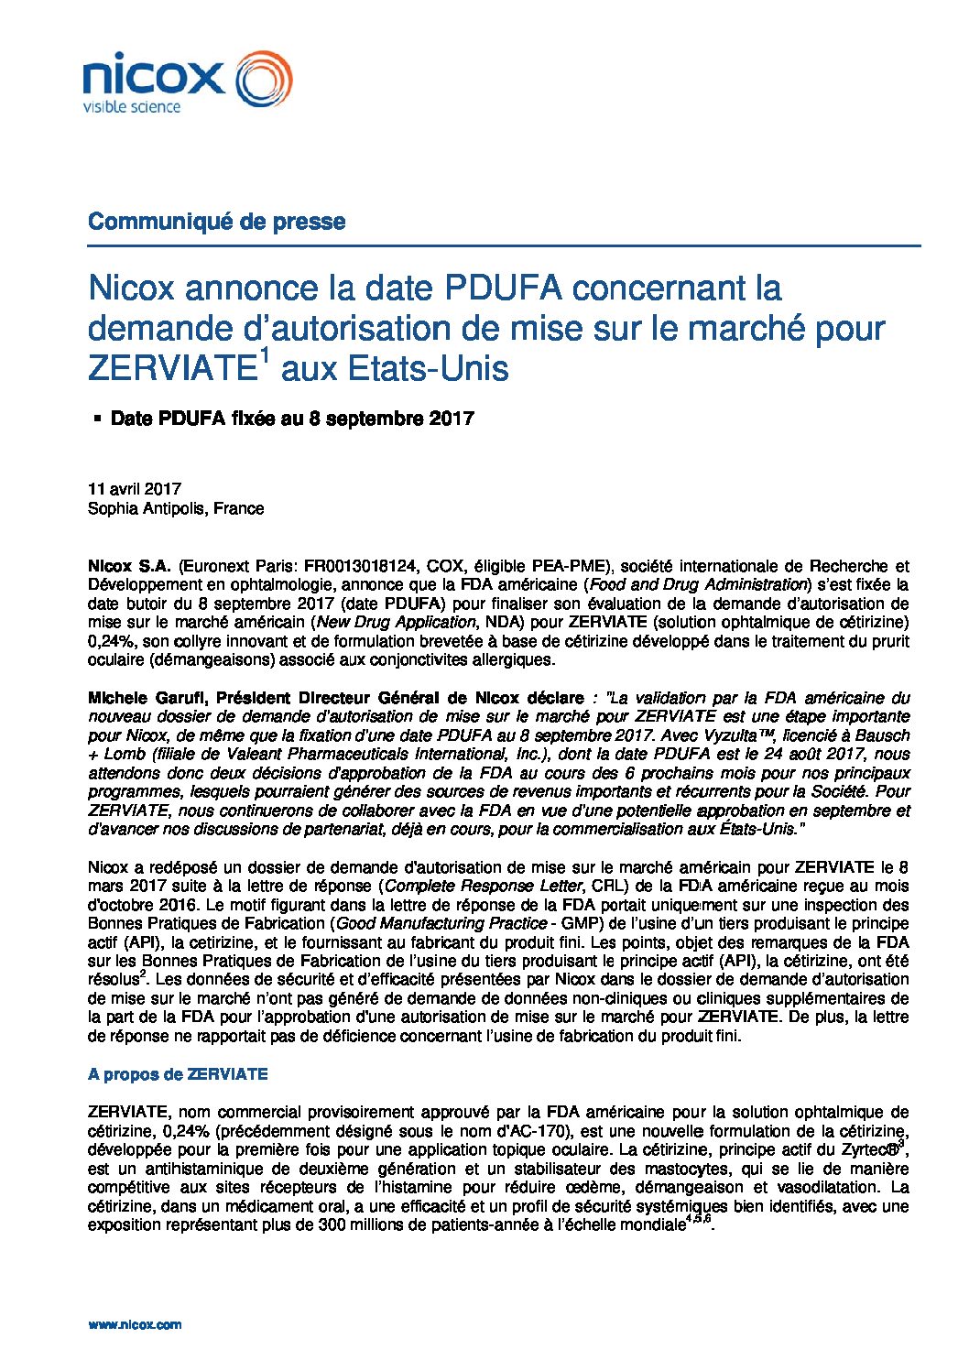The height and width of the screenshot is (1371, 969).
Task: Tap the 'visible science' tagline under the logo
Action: [x=132, y=107]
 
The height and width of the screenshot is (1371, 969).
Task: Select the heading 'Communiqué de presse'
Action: [x=216, y=222]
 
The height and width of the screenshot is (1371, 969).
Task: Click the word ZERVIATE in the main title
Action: [x=169, y=368]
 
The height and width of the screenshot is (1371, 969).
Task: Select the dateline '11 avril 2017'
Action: [x=134, y=489]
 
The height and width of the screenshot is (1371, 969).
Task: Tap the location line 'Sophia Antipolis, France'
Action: [x=176, y=508]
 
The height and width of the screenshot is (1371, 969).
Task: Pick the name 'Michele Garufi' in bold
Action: [x=147, y=698]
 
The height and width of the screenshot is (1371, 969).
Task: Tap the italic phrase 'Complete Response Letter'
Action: [x=484, y=886]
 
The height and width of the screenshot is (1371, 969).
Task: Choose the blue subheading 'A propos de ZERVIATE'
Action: [x=178, y=1074]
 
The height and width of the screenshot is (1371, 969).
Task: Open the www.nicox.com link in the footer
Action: [x=135, y=1324]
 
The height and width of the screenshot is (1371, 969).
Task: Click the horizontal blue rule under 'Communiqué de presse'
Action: [x=504, y=245]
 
